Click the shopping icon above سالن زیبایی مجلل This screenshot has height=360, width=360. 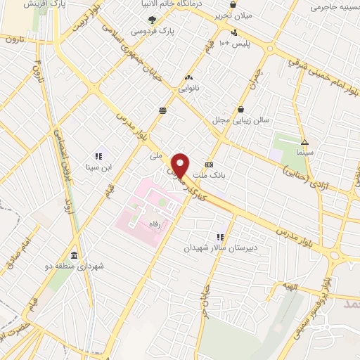pos(242,109)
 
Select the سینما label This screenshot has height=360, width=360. pos(304,151)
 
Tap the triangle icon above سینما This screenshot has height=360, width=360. pos(304,140)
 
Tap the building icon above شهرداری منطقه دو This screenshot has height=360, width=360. pos(75,255)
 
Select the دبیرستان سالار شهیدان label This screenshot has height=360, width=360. pos(221,248)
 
